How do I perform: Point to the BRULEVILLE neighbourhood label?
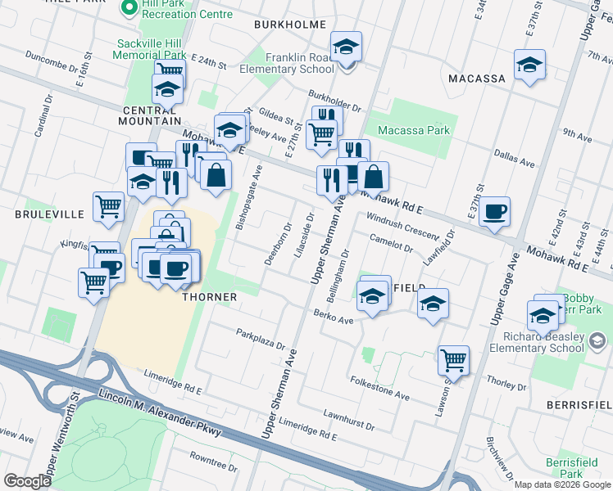click(x=49, y=214)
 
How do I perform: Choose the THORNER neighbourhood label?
click(x=209, y=297)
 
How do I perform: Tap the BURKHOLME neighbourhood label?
click(x=290, y=25)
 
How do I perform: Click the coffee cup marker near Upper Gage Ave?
click(x=494, y=211)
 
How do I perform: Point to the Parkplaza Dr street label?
click(x=261, y=334)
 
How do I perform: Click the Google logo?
click(x=28, y=481)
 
